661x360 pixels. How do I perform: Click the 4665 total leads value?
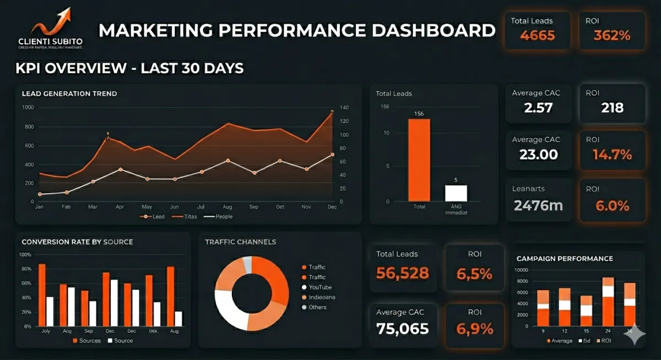[537, 36]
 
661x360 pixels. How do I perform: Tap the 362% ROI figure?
[611, 36]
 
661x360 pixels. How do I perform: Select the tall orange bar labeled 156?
[419, 160]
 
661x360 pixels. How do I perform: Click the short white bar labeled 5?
[456, 193]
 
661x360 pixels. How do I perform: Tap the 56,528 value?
[402, 272]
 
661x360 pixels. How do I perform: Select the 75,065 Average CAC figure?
[402, 329]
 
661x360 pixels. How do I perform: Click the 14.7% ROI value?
[612, 155]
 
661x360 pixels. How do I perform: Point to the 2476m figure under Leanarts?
[538, 206]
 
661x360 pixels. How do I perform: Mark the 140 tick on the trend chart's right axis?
[345, 108]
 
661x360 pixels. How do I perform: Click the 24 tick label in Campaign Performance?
[608, 331]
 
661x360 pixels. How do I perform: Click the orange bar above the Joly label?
[42, 294]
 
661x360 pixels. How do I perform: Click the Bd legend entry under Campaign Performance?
[586, 341]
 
